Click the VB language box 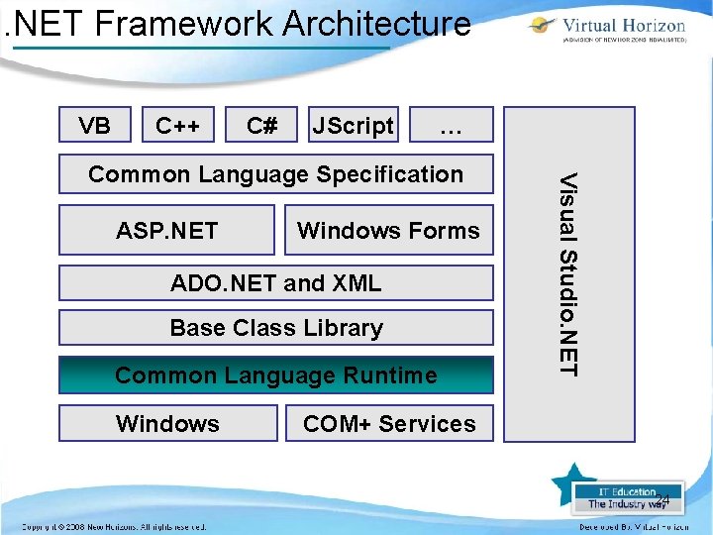click(x=95, y=126)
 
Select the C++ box click(x=178, y=126)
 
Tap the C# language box click(x=261, y=126)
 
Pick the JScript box click(x=353, y=126)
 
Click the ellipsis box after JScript click(x=451, y=126)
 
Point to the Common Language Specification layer click(x=275, y=174)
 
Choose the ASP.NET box click(x=166, y=231)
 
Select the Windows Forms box click(x=388, y=231)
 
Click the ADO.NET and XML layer click(x=275, y=283)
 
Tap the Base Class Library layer click(x=275, y=328)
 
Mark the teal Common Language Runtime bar click(x=275, y=375)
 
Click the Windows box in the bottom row click(x=167, y=424)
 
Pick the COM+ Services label click(x=389, y=424)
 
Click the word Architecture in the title click(x=376, y=22)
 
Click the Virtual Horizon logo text click(x=624, y=26)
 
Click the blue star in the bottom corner click(x=571, y=485)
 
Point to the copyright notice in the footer click(x=114, y=526)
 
